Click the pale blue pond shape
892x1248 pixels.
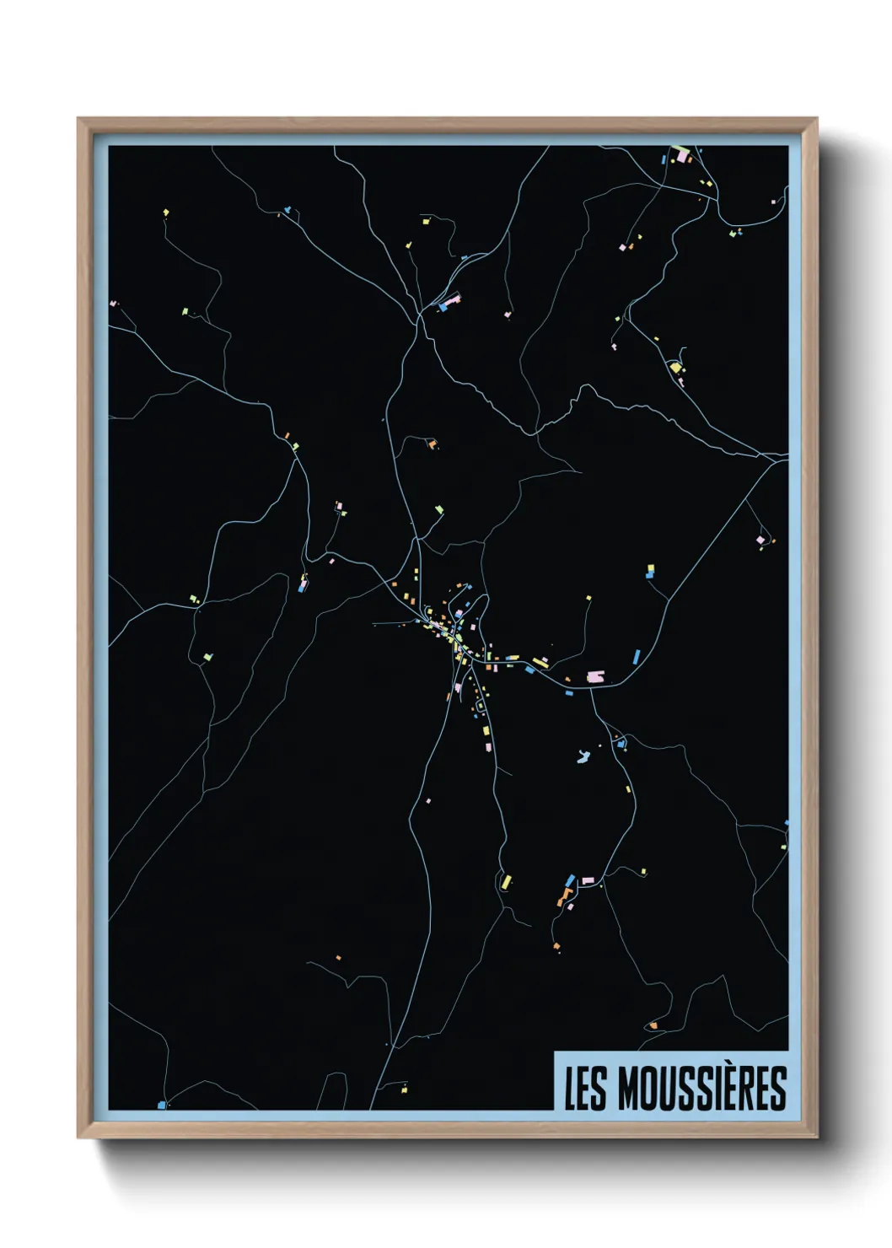click(x=583, y=757)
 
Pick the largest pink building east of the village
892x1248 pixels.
click(x=595, y=676)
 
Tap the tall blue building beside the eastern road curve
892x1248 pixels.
click(x=637, y=655)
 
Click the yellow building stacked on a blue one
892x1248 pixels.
click(x=650, y=570)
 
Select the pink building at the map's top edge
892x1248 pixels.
click(x=682, y=156)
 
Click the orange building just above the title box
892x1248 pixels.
click(x=653, y=1025)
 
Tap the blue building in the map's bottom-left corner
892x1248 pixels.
click(x=161, y=1105)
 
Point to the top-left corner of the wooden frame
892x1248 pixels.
click(x=79, y=120)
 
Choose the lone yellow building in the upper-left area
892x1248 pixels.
click(x=165, y=212)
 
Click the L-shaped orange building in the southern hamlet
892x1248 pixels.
click(x=562, y=896)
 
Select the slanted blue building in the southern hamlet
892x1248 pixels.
click(x=570, y=880)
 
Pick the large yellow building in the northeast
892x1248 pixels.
click(x=674, y=367)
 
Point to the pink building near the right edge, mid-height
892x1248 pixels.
click(x=760, y=540)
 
